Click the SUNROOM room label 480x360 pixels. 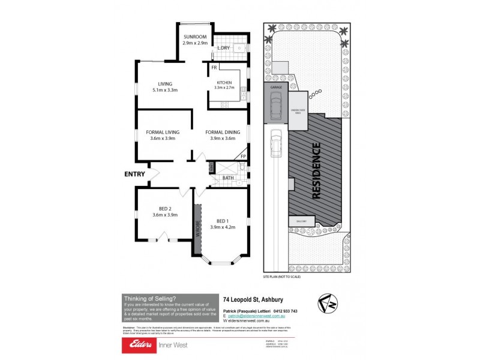tap(195, 37)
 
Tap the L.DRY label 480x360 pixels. tap(223, 47)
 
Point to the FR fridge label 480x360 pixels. tap(214, 68)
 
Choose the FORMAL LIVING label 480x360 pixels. tap(163, 132)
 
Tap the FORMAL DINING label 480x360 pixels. tap(223, 132)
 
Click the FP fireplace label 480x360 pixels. tap(242, 156)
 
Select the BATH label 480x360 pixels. tap(228, 178)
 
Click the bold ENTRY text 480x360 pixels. tap(134, 174)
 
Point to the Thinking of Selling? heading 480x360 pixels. tap(149, 298)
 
